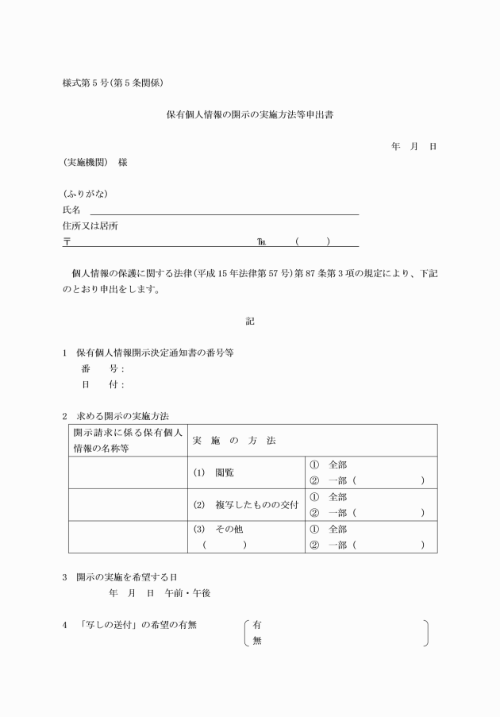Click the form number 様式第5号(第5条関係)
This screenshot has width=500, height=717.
click(113, 82)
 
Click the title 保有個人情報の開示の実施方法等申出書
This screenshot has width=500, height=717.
click(249, 114)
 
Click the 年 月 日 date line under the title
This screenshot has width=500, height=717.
click(413, 147)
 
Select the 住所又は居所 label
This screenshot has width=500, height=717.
click(90, 226)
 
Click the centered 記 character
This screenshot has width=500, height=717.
click(250, 322)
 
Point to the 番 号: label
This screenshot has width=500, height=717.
click(102, 369)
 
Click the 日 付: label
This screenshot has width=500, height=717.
click(102, 385)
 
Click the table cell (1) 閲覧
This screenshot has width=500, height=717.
click(213, 472)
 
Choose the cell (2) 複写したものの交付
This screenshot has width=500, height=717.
click(243, 505)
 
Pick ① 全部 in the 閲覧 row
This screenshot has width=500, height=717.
click(328, 465)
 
